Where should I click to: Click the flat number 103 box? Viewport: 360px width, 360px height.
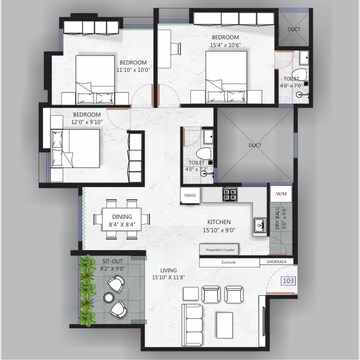coord(288,282)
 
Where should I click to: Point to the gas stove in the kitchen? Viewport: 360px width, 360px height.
coord(230,193)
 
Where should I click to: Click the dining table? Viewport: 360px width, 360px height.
coord(122,218)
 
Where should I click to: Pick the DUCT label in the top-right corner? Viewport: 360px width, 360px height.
coord(294,29)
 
